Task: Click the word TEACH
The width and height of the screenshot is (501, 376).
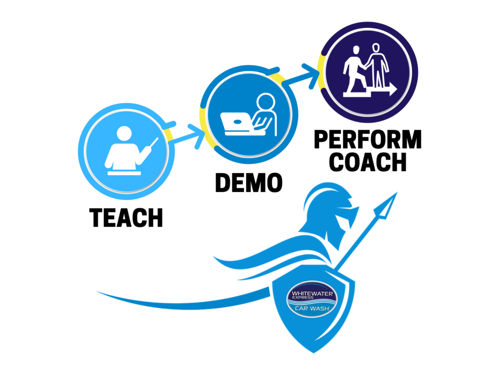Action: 126,218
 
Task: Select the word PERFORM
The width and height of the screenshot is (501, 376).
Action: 368,141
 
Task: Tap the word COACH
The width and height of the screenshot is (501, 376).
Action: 368,162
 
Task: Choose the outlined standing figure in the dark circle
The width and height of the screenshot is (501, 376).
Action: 376,66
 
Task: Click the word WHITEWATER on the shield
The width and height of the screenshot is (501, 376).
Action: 310,294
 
